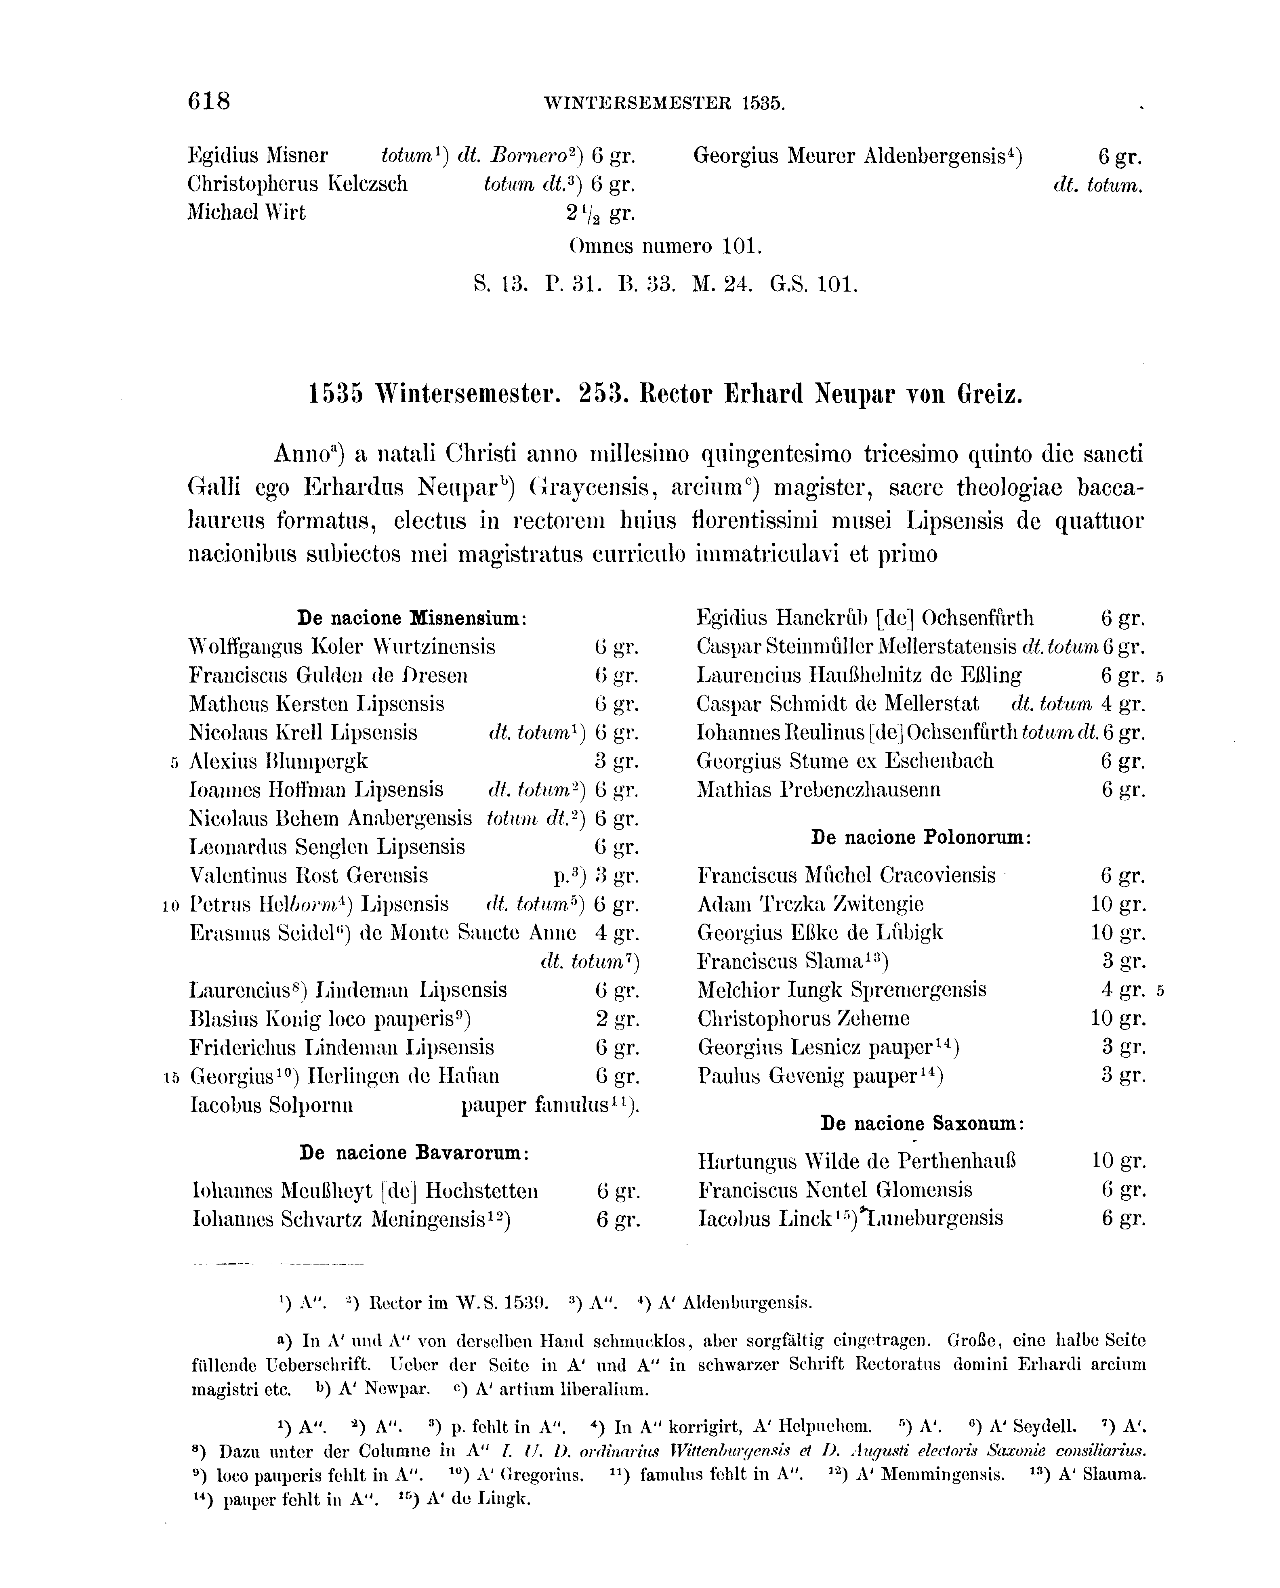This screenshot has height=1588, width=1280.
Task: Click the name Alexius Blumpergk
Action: (279, 761)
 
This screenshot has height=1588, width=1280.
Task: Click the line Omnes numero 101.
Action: (666, 246)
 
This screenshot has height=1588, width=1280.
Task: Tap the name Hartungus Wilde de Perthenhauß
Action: (857, 1162)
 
